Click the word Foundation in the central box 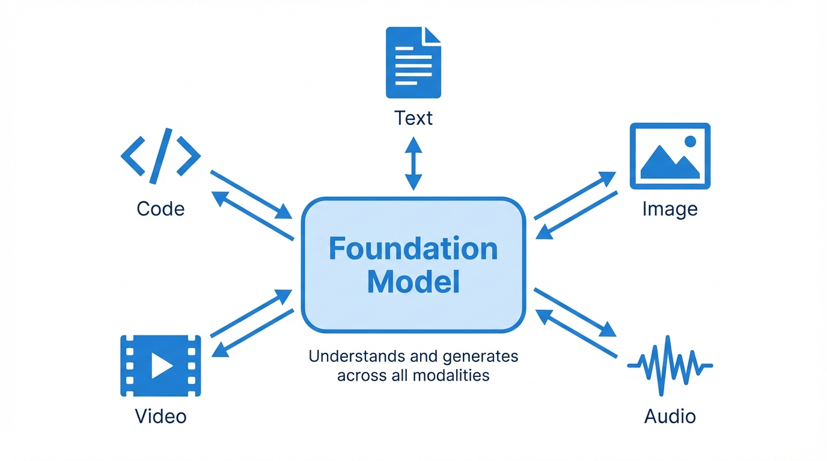click(413, 249)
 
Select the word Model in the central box click(413, 282)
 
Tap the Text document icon click(413, 62)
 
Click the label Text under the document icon click(413, 118)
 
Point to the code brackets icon click(160, 155)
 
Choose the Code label click(160, 209)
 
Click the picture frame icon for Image click(670, 156)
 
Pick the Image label click(670, 209)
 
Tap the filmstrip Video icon click(160, 366)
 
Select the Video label click(160, 416)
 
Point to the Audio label click(670, 416)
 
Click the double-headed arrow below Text click(413, 163)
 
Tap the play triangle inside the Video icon click(161, 366)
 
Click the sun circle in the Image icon click(690, 142)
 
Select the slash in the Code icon click(160, 155)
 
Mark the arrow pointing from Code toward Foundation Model click(251, 194)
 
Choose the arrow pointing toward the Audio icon click(575, 312)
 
